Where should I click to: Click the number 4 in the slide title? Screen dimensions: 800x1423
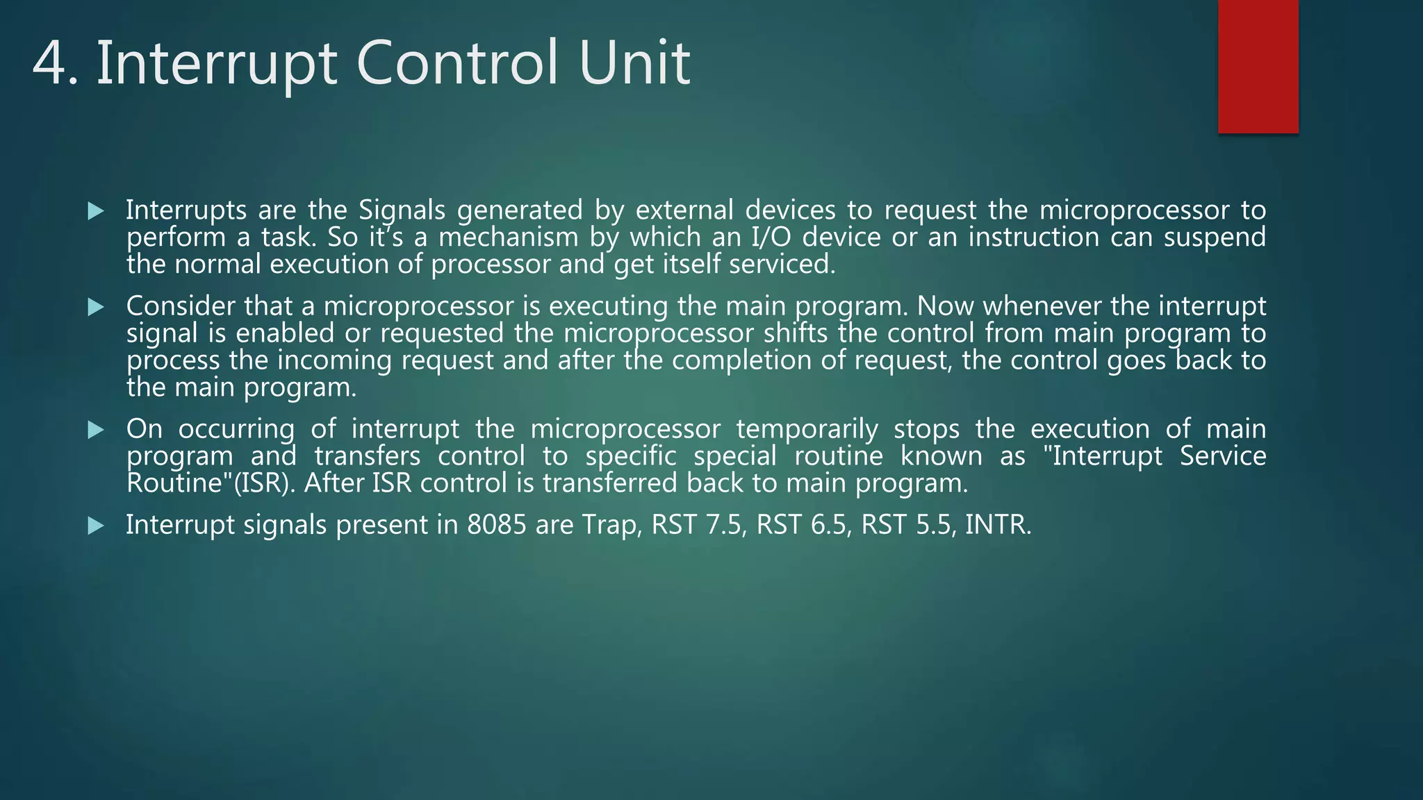tap(54, 64)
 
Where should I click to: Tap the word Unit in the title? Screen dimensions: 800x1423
tap(634, 64)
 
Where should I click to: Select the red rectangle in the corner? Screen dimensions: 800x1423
tap(1258, 67)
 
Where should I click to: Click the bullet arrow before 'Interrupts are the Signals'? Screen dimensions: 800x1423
tap(96, 211)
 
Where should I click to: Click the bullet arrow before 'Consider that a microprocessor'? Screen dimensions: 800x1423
tap(96, 307)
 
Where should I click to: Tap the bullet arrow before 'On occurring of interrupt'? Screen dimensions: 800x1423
tap(96, 430)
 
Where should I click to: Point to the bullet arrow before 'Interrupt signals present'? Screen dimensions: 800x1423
tap(96, 526)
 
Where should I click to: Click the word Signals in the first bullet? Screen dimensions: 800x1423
tap(402, 210)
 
